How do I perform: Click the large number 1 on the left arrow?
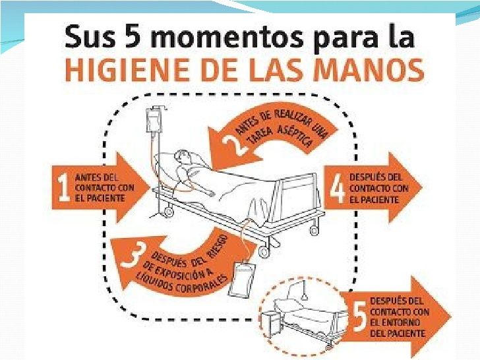(x=64, y=187)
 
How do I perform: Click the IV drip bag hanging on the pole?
(x=153, y=121)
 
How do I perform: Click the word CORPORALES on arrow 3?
(x=205, y=283)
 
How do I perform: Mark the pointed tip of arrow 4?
(x=423, y=187)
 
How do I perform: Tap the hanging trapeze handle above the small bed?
(x=305, y=296)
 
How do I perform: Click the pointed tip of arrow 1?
(x=150, y=187)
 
